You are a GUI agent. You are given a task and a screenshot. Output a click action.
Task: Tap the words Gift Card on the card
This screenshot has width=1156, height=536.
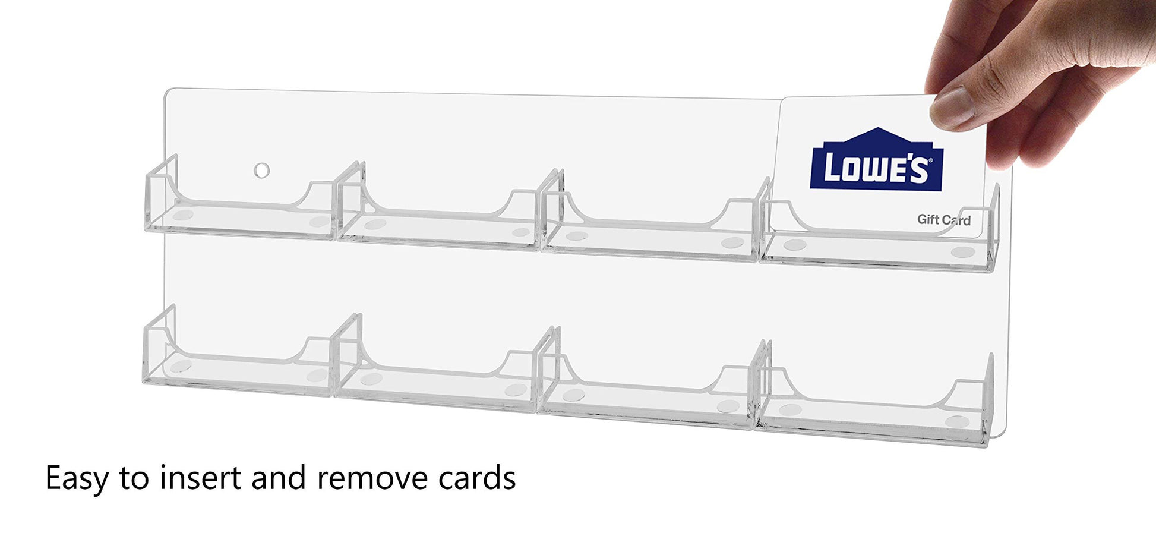point(944,220)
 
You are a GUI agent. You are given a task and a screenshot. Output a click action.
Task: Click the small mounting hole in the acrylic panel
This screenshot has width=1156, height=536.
point(261,171)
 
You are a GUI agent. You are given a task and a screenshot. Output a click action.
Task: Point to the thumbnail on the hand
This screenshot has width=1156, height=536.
point(952,108)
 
